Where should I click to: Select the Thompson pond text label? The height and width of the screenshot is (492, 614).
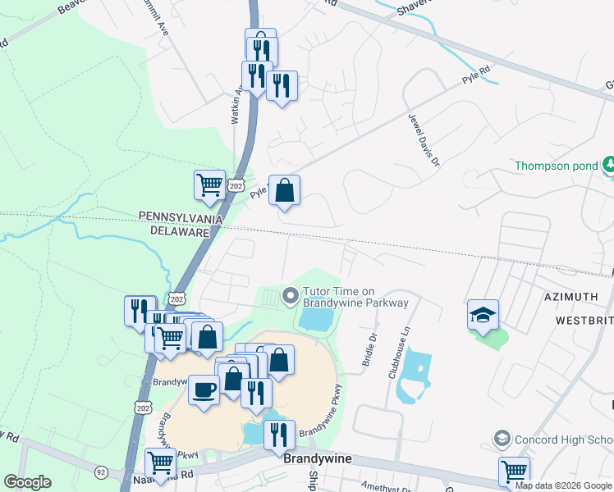pos(556,166)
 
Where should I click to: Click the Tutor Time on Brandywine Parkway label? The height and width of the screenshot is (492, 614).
pos(355,296)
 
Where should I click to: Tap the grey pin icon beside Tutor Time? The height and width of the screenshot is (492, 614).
pos(289,295)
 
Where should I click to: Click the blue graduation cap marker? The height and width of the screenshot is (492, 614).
pos(483,314)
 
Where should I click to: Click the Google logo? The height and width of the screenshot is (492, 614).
pos(27,482)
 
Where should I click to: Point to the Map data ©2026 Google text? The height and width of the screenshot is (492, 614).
pos(564,485)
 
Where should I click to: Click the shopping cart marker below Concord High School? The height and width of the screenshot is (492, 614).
pos(514,471)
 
